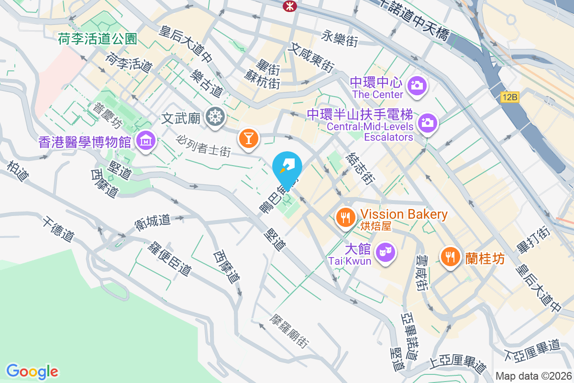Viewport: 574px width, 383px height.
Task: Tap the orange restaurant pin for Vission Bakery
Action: point(344,216)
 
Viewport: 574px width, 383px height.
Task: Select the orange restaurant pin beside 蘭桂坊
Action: point(450,256)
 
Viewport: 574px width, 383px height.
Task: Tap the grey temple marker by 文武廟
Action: point(215,116)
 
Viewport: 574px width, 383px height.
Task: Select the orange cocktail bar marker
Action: point(249,138)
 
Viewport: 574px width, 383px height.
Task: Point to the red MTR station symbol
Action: point(289,5)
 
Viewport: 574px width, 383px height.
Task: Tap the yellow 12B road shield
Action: point(510,97)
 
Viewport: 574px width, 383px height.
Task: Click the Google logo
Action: point(33,372)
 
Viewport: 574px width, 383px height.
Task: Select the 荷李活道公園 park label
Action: point(98,39)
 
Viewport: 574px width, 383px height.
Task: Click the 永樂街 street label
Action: point(340,38)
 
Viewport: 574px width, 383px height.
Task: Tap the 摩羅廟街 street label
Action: point(289,331)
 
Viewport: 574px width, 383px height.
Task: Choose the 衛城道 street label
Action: point(153,222)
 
